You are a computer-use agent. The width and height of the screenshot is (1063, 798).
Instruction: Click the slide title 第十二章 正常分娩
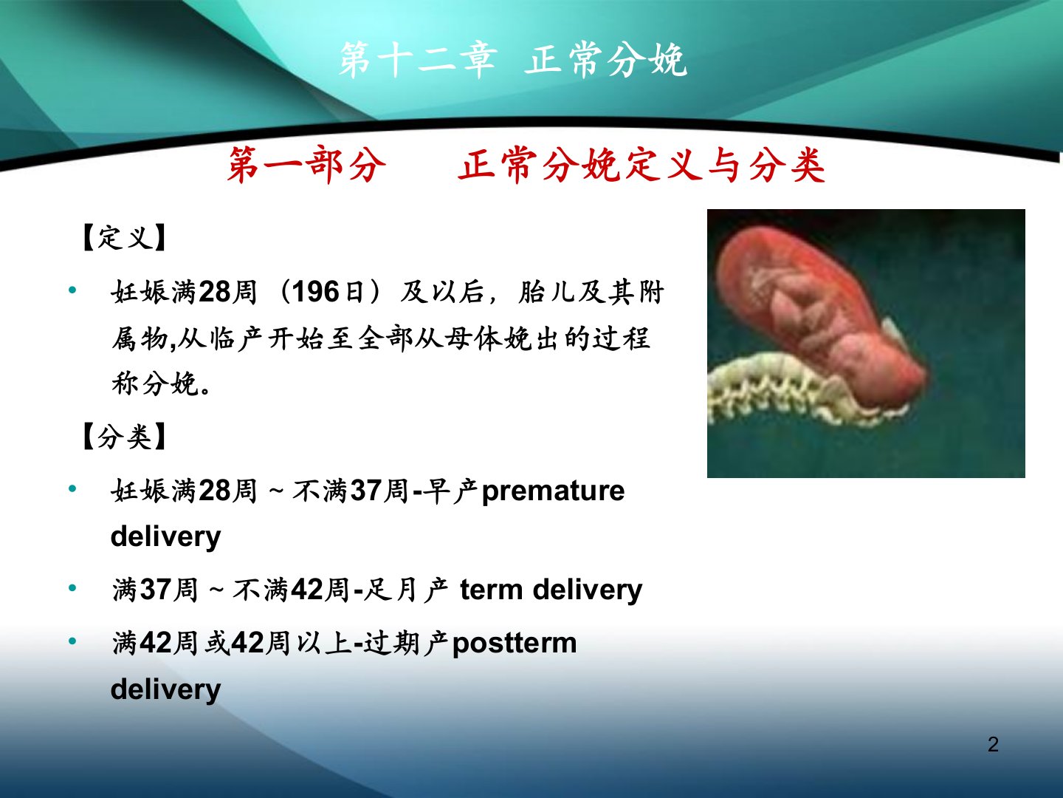point(513,60)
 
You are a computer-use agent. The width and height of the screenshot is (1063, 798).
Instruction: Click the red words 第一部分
point(306,165)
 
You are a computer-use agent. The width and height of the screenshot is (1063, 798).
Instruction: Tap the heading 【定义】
point(125,237)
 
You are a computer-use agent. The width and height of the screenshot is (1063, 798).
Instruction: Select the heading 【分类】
point(125,436)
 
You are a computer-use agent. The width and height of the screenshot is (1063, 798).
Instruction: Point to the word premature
point(553,491)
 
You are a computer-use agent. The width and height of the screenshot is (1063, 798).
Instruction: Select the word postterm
point(515,644)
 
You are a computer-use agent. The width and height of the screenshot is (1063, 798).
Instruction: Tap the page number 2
point(993,745)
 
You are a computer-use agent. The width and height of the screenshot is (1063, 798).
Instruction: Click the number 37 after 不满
point(365,491)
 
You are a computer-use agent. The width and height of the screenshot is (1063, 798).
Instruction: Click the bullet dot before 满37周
point(72,588)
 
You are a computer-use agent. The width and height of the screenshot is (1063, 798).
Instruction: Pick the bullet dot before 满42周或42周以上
point(72,641)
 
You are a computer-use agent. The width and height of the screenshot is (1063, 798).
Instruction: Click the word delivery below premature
point(165,538)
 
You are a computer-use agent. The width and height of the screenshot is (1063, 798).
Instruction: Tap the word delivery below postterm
point(165,690)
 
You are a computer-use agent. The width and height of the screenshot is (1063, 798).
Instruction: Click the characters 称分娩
point(155,383)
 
